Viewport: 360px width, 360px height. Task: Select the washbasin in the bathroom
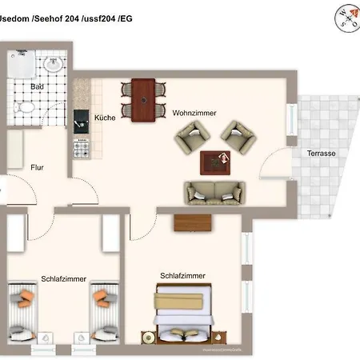point(54,62)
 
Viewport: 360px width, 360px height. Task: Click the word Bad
point(37,86)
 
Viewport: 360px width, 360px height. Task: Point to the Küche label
point(105,118)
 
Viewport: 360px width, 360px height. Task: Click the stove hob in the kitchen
point(81,147)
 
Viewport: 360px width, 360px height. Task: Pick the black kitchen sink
point(81,121)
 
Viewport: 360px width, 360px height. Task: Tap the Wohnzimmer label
point(194,114)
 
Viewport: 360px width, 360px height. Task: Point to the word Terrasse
point(321,153)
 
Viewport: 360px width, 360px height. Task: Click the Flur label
point(37,168)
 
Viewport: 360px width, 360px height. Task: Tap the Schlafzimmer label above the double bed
point(182,275)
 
